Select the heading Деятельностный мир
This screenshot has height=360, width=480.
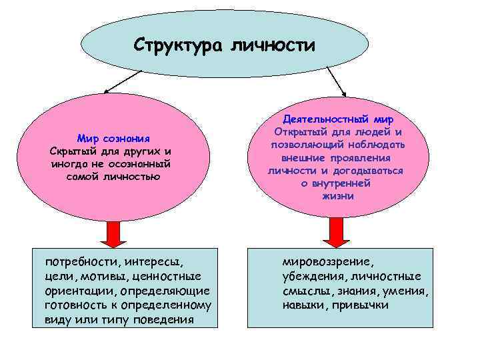coord(339,119)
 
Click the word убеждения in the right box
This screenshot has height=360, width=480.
coord(312,276)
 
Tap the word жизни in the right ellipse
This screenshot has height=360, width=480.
coord(337,197)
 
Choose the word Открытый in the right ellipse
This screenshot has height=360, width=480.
coord(301,132)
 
